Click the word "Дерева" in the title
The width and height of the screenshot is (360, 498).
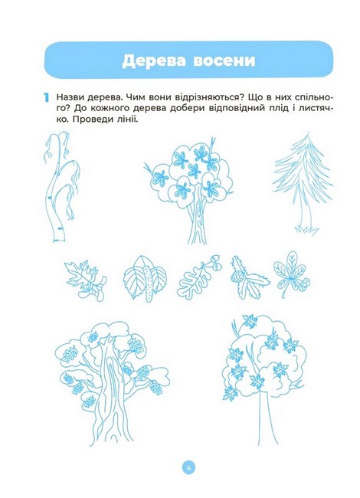154,61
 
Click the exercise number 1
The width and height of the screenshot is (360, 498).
47,97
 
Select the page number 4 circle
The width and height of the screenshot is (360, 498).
188,467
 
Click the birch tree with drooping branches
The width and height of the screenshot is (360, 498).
61,187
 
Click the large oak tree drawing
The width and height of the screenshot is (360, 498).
111,384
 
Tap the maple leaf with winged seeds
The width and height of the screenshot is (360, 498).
86,279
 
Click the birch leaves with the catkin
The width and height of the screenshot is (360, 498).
146,279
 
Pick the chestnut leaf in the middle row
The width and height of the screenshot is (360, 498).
291,274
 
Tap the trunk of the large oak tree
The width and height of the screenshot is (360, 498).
110,397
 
